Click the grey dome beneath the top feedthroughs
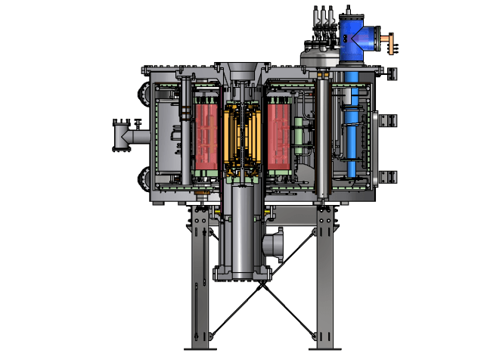[318, 54]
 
